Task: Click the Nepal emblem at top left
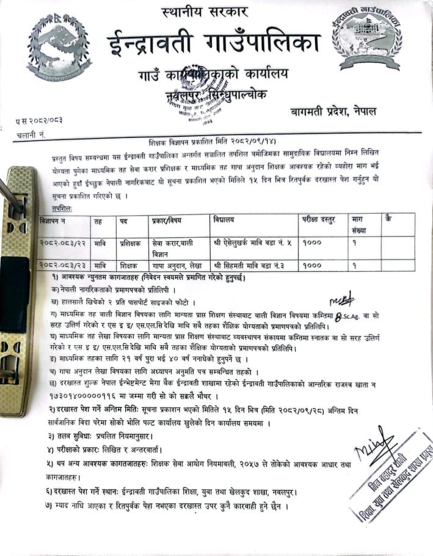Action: click(60, 45)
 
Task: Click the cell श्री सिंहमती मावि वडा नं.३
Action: click(249, 266)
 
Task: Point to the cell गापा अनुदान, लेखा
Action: click(178, 266)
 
